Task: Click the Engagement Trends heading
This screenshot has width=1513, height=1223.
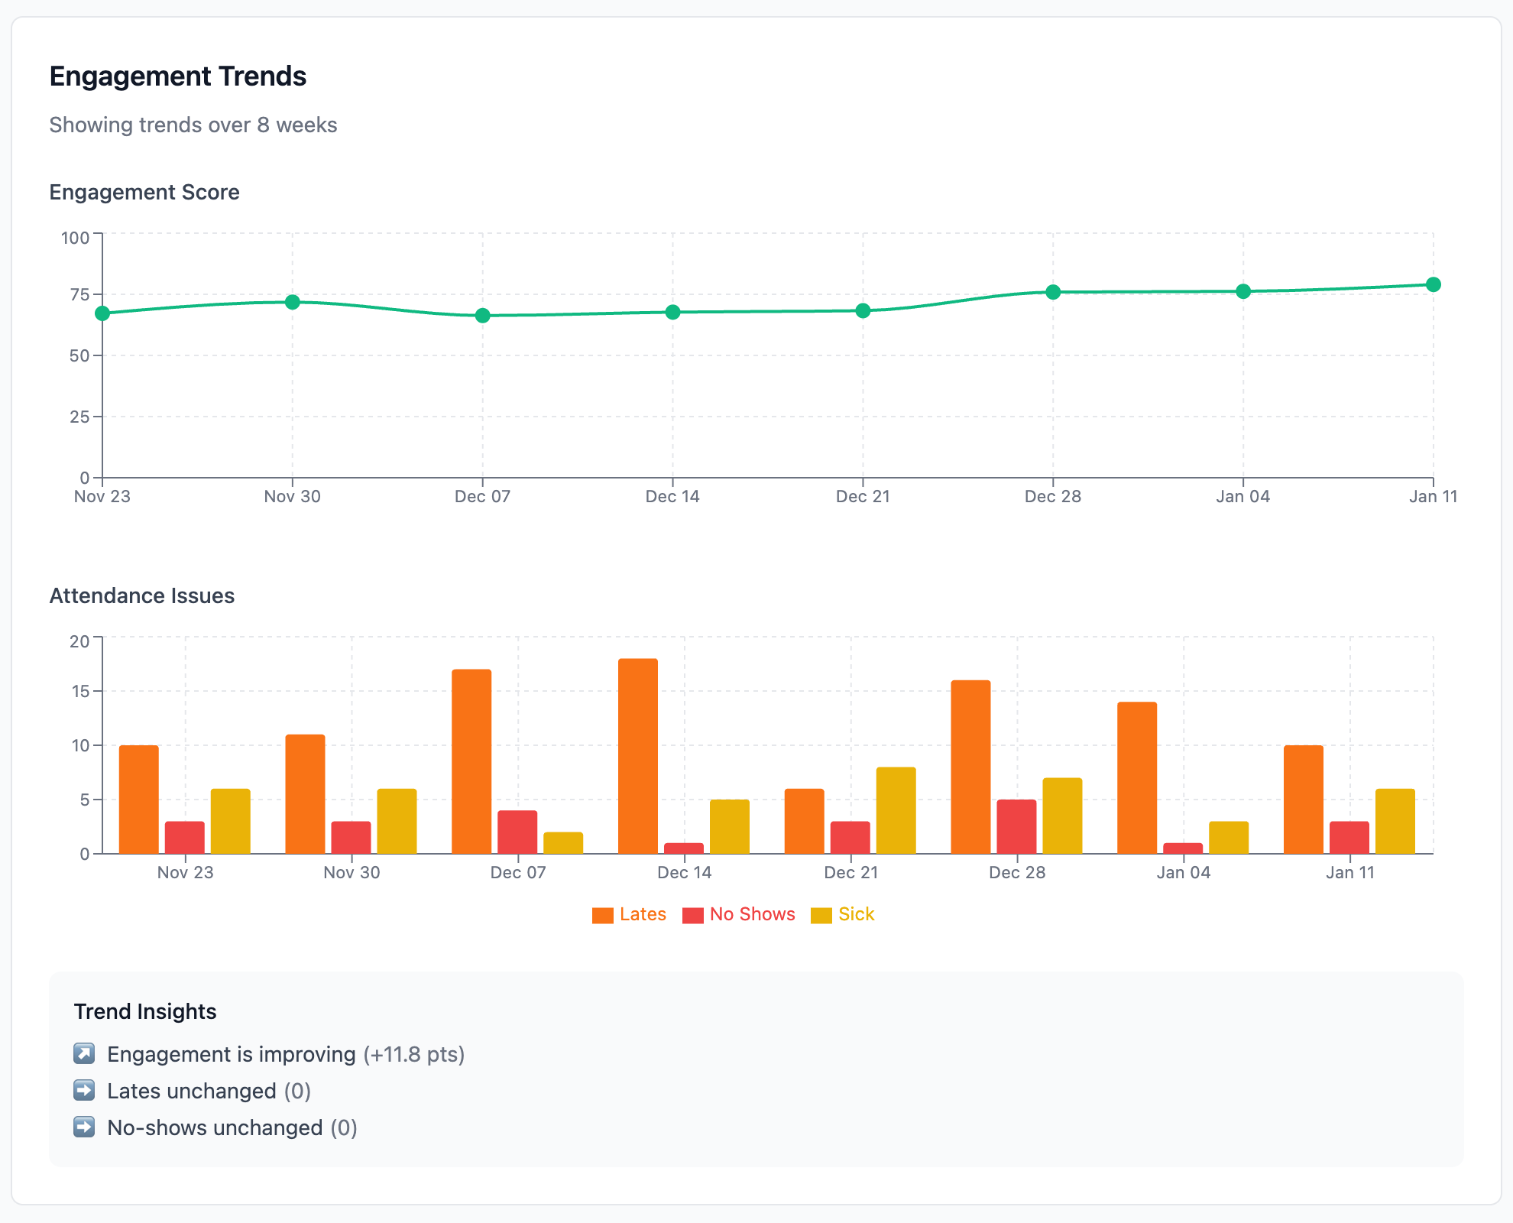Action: (x=177, y=76)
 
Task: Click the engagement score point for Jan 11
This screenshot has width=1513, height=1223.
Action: (x=1433, y=284)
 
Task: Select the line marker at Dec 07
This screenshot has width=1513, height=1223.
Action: (x=482, y=316)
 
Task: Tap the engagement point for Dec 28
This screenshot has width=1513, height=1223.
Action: (x=1053, y=292)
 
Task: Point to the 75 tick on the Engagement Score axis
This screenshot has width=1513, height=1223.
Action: (x=79, y=295)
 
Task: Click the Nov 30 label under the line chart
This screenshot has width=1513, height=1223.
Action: (x=292, y=497)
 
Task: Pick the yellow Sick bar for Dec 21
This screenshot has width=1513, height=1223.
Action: (x=896, y=810)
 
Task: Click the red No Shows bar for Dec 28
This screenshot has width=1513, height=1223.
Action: (x=1016, y=826)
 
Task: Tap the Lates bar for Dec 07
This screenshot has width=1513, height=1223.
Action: (x=471, y=761)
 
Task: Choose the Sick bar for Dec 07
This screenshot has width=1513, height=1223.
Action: (x=563, y=842)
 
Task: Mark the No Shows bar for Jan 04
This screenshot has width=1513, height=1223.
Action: (x=1183, y=848)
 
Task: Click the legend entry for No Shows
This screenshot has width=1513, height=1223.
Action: (x=739, y=914)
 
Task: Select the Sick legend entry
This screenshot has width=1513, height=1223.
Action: (x=843, y=914)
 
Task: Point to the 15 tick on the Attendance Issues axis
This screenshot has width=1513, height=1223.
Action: (x=79, y=692)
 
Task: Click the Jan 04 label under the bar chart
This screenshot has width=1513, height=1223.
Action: (x=1183, y=873)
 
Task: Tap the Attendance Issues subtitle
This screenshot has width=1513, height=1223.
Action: (x=141, y=596)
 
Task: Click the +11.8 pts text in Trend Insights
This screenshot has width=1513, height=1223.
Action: (x=413, y=1054)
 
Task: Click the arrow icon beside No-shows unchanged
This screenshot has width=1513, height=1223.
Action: (x=84, y=1127)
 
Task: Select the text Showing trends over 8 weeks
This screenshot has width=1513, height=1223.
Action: (x=193, y=125)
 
